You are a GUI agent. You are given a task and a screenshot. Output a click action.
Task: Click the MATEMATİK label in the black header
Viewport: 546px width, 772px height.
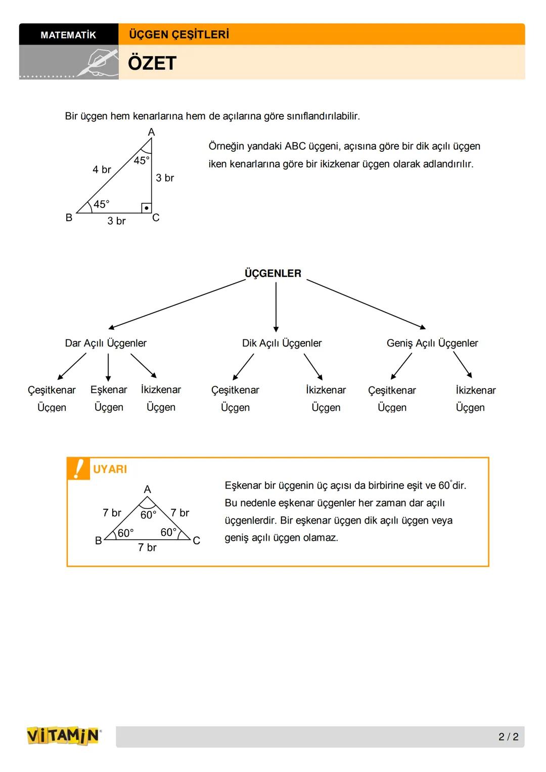[68, 35]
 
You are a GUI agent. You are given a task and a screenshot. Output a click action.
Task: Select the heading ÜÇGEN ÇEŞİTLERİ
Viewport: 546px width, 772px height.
[179, 34]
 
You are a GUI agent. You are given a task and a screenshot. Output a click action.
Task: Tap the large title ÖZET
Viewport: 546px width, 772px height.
[152, 63]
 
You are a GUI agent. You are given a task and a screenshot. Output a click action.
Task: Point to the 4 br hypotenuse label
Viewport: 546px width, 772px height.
[102, 169]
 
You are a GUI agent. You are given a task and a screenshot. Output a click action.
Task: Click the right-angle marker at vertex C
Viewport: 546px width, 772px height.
[146, 208]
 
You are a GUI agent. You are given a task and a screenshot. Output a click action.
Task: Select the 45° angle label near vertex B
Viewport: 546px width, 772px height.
[101, 204]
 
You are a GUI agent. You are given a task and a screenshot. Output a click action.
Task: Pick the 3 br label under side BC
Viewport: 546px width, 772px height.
[116, 221]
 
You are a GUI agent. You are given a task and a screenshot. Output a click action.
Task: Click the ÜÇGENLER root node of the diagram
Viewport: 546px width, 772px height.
[273, 273]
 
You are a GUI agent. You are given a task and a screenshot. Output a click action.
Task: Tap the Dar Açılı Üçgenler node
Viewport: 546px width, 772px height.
[106, 343]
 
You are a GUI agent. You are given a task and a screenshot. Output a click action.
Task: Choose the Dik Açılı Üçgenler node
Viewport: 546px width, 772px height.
[282, 343]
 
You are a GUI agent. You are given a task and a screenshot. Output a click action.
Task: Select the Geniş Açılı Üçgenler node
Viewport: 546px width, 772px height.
[432, 343]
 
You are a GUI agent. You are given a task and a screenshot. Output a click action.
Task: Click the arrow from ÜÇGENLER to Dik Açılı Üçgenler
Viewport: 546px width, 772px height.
[276, 307]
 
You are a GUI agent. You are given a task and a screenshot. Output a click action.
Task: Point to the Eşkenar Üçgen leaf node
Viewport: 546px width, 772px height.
[109, 398]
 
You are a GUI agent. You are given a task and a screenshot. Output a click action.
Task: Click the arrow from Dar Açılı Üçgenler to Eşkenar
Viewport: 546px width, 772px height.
[108, 367]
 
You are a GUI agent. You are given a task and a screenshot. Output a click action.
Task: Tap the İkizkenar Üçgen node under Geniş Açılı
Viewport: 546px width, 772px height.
[475, 399]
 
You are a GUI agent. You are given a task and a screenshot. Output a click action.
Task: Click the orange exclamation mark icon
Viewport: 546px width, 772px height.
[78, 468]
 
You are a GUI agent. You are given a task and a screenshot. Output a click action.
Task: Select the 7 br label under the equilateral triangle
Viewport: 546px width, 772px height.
[147, 547]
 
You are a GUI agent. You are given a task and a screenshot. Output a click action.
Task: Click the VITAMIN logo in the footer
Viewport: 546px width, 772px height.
[63, 736]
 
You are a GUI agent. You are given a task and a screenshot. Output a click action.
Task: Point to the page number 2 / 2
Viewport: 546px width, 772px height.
[508, 737]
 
